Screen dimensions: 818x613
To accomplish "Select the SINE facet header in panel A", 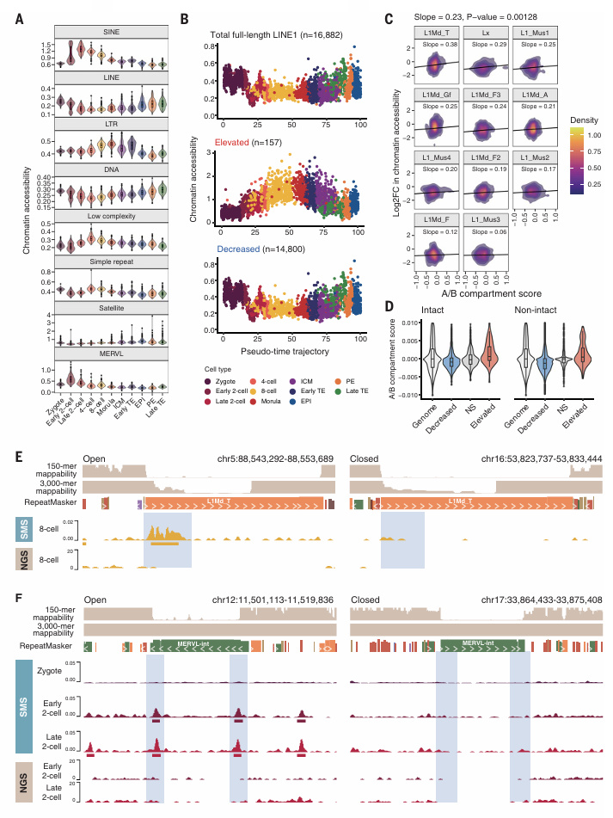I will (111, 31).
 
